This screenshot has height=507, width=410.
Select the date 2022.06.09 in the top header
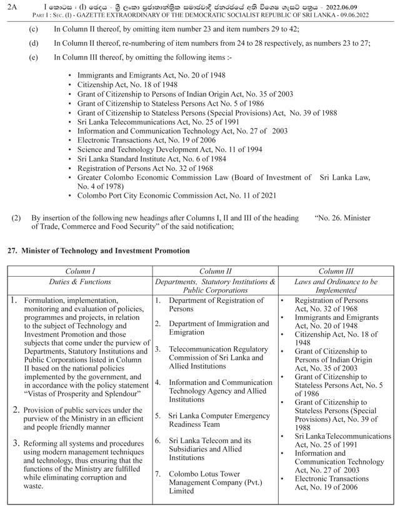(374, 6)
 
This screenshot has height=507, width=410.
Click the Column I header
(81, 271)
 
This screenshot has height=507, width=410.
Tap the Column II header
(216, 271)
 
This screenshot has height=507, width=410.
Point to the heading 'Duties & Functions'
(81, 282)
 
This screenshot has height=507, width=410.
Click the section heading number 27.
(11, 250)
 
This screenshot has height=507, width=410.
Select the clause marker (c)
(33, 29)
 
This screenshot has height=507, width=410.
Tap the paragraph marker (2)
(16, 218)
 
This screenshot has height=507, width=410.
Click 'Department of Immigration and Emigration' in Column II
(219, 328)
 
